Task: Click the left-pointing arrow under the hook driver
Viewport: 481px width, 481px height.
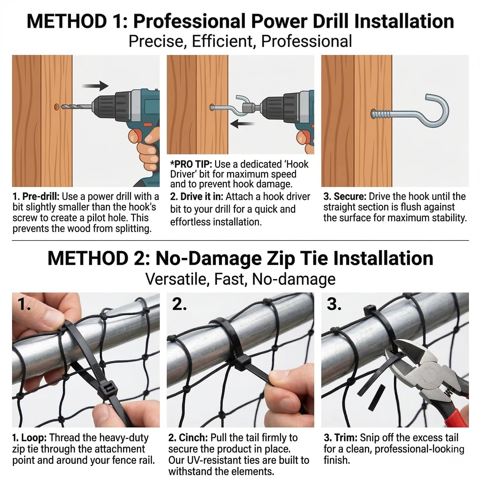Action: (242, 124)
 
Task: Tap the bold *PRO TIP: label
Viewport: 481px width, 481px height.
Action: (191, 164)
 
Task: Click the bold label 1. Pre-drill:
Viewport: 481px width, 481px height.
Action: (36, 197)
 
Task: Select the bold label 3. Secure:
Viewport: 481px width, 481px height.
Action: (345, 197)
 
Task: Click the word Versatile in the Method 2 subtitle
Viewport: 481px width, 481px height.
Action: (175, 279)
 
